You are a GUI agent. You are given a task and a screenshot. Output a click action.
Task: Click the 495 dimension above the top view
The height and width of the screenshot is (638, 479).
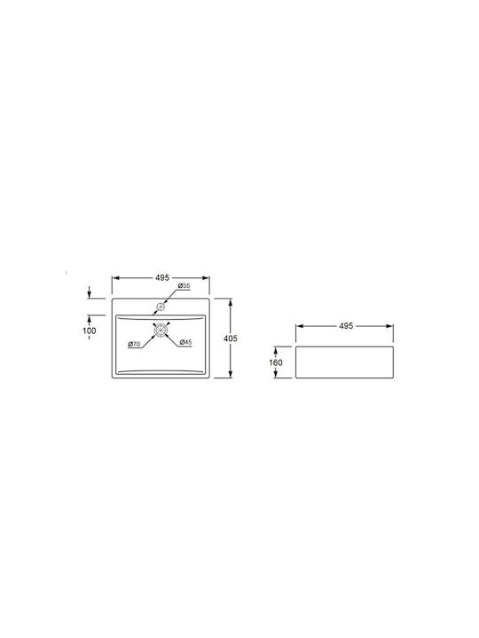click(161, 278)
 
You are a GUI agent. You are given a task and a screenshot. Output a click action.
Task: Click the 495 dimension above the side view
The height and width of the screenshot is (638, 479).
click(346, 326)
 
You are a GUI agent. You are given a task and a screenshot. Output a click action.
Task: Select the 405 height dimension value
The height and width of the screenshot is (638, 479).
click(231, 338)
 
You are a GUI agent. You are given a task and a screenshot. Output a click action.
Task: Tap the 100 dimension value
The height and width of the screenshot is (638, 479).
click(90, 331)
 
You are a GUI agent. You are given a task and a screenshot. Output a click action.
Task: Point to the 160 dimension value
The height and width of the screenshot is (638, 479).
click(276, 362)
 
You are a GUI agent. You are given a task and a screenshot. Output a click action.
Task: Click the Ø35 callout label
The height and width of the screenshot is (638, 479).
click(185, 286)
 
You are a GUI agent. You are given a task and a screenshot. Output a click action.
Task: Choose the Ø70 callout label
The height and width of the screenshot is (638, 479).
click(134, 344)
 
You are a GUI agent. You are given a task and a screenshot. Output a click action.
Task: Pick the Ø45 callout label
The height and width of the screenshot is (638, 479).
click(185, 342)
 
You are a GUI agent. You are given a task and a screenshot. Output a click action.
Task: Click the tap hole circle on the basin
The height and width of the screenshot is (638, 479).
click(161, 307)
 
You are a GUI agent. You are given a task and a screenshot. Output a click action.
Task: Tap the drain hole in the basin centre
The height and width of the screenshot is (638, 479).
click(161, 329)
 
